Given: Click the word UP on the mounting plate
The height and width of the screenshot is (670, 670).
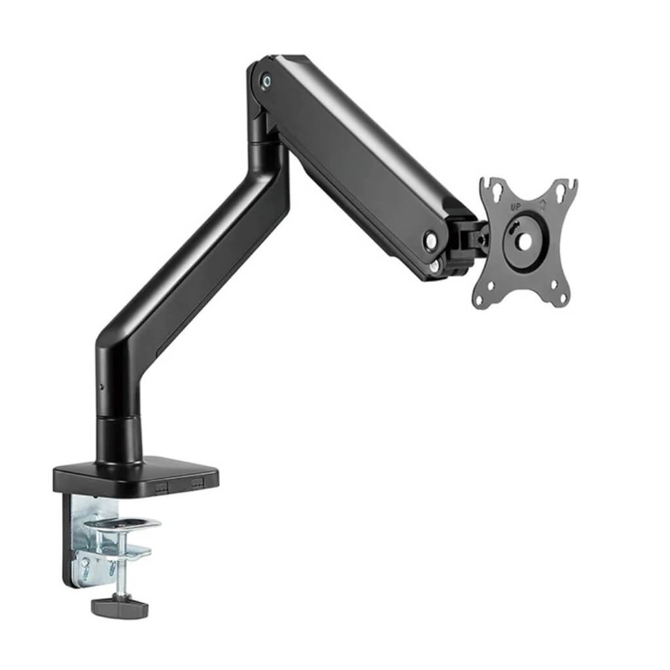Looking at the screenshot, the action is tap(516, 207).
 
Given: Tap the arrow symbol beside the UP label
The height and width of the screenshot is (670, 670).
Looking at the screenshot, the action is tap(542, 206).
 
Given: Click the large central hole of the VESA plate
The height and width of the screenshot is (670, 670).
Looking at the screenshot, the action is tap(524, 242).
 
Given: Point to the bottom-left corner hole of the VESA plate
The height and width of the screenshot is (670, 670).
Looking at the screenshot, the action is tap(489, 287).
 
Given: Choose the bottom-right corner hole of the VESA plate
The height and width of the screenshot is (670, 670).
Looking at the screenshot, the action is tap(555, 284).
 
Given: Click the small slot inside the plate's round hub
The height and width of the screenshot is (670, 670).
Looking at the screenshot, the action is tap(517, 226).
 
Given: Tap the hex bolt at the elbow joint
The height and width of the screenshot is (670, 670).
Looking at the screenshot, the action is tap(266, 80).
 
